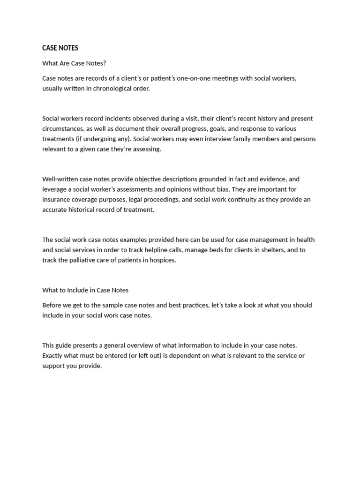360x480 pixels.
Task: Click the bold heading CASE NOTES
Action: pyautogui.click(x=60, y=48)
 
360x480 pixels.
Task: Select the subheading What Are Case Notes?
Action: pyautogui.click(x=74, y=63)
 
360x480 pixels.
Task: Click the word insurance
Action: pyautogui.click(x=56, y=200)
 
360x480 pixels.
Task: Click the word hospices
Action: pyautogui.click(x=163, y=260)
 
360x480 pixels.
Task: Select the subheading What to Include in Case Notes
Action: pyautogui.click(x=85, y=290)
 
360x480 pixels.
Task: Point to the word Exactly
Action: pyautogui.click(x=53, y=356)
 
